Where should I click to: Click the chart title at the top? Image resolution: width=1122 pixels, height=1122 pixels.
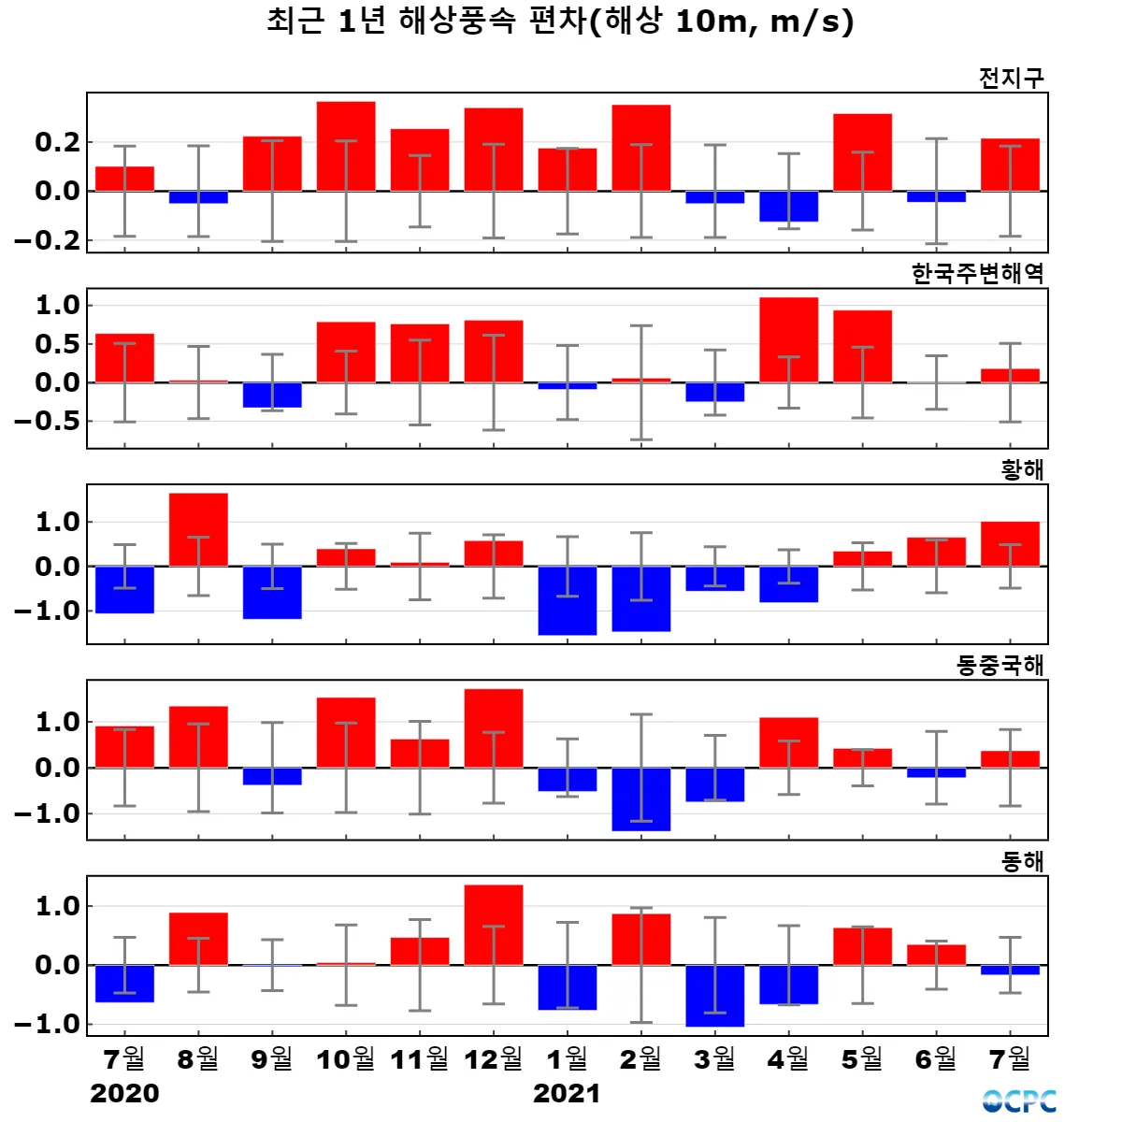(x=560, y=21)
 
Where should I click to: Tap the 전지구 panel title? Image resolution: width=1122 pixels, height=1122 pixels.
(x=1011, y=78)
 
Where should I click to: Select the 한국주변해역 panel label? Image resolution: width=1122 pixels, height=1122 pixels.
(x=977, y=273)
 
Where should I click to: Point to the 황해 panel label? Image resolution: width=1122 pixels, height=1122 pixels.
(x=1022, y=469)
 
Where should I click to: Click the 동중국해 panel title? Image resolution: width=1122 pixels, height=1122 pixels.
(x=1000, y=665)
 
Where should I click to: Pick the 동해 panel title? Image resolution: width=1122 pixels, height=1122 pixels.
(x=1022, y=861)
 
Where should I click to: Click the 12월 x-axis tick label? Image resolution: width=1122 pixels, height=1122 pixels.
(x=493, y=1059)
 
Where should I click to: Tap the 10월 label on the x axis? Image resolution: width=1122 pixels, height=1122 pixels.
(x=345, y=1059)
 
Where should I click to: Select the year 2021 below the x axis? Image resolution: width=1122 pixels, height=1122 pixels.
(x=567, y=1093)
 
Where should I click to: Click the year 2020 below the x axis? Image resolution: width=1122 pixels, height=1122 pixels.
(x=124, y=1093)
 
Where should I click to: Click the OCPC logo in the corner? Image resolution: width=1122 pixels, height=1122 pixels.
(x=1019, y=1101)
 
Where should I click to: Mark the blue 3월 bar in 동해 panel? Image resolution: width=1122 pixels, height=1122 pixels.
(x=714, y=996)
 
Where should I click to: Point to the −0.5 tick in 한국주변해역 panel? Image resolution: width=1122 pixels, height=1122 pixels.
(x=46, y=422)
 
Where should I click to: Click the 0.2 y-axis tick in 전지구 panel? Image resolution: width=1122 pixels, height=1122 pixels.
(x=57, y=142)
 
